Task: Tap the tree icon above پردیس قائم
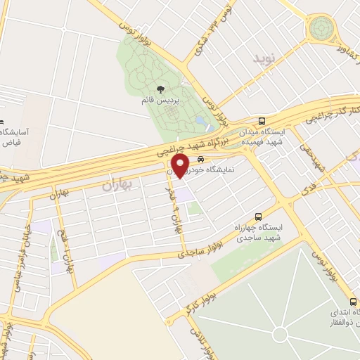click(161, 89)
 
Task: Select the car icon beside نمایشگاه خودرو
click(201, 159)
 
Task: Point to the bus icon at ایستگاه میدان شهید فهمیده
click(262, 122)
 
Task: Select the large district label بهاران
click(117, 186)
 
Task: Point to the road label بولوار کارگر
click(202, 298)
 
